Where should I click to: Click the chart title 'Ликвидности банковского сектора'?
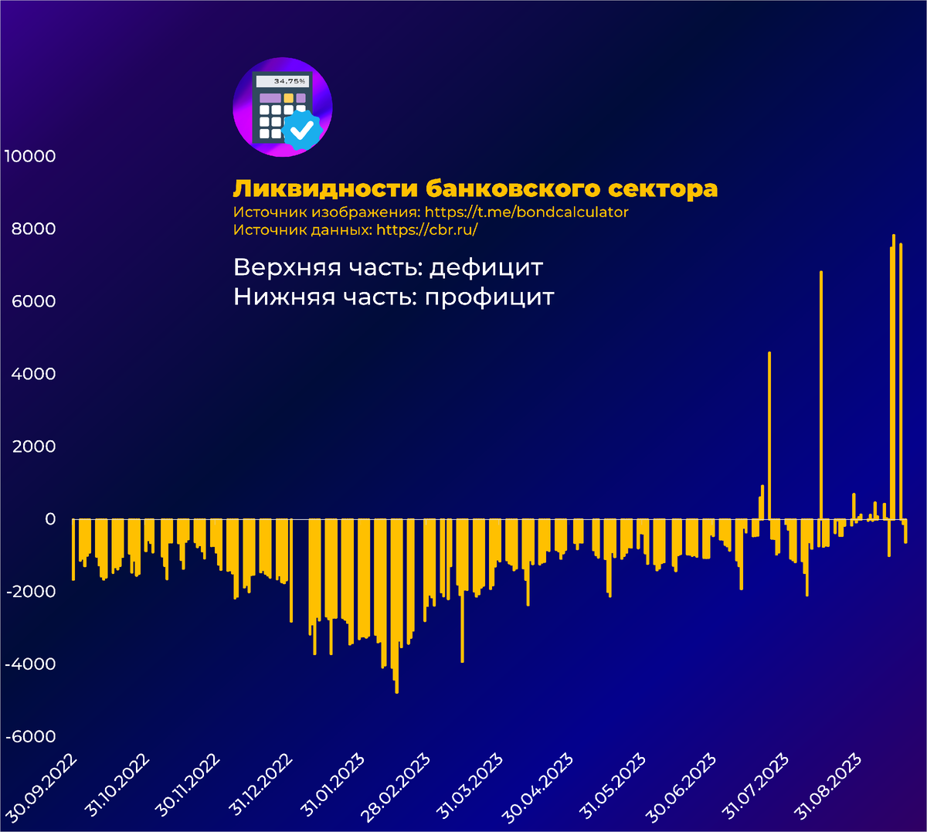point(475,189)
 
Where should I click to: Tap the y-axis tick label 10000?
point(30,156)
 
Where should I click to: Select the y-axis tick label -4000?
point(31,664)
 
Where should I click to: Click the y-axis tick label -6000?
point(31,737)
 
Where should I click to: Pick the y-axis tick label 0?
point(50,519)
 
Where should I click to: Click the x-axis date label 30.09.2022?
point(43,787)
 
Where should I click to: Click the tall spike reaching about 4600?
point(769,433)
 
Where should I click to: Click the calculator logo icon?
point(282,107)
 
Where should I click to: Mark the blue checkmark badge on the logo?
point(302,129)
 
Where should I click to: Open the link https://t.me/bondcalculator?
point(527,212)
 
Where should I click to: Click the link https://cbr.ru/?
point(427,230)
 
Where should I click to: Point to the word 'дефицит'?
point(486,268)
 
